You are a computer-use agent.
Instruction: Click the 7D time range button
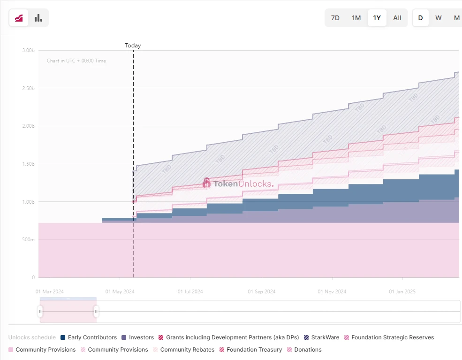click(x=335, y=18)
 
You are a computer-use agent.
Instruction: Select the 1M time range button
click(x=356, y=18)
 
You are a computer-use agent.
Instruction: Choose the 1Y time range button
click(x=377, y=18)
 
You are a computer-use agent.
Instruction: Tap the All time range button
click(x=397, y=18)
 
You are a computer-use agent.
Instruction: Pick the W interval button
click(x=439, y=18)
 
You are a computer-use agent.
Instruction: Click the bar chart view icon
click(x=38, y=18)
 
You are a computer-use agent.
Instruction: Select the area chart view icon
click(x=19, y=18)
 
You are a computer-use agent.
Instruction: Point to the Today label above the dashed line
click(x=133, y=46)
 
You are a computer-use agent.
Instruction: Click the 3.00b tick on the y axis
click(x=28, y=50)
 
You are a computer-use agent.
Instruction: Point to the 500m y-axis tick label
click(x=28, y=240)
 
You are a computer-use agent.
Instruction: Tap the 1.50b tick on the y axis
click(x=28, y=164)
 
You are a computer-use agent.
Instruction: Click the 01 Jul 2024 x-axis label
click(x=190, y=291)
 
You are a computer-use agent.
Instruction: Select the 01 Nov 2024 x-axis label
click(x=332, y=291)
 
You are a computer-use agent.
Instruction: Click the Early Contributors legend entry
click(x=89, y=337)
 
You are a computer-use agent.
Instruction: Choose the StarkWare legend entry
click(x=321, y=337)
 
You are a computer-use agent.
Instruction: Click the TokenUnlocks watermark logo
click(x=238, y=183)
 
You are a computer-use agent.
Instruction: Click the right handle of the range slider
click(x=96, y=311)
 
